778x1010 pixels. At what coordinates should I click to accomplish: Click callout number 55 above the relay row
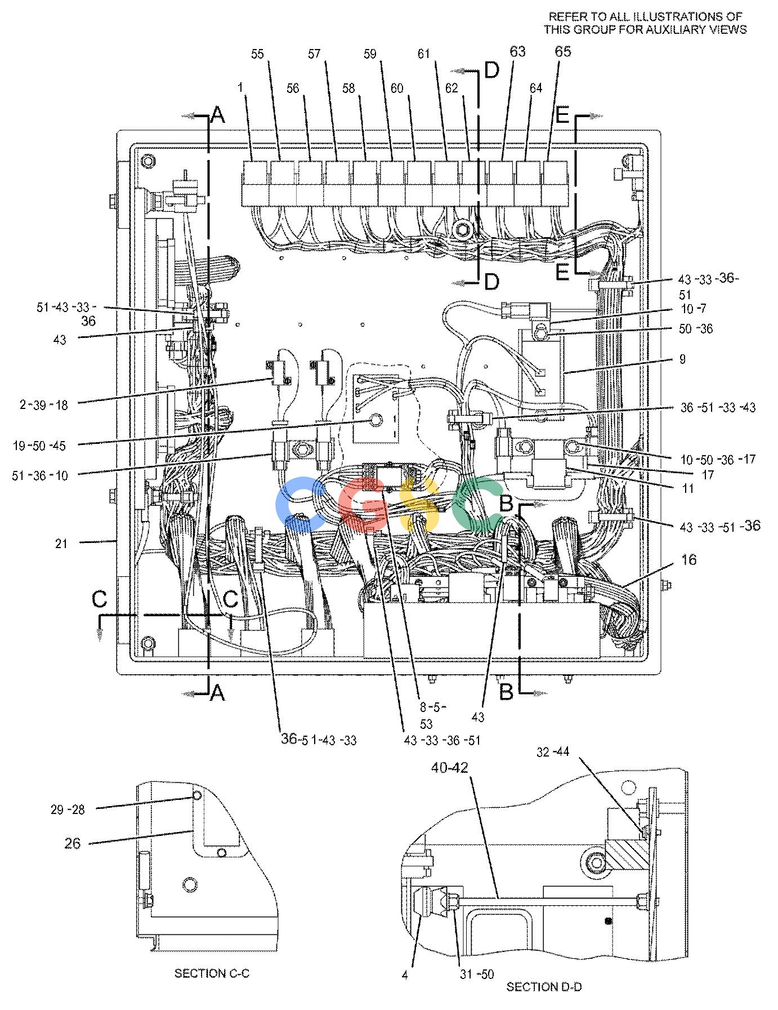(257, 54)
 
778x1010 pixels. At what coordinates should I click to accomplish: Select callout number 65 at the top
(563, 51)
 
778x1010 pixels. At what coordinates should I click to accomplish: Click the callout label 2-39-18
(44, 404)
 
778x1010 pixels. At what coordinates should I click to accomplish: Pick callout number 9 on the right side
(683, 359)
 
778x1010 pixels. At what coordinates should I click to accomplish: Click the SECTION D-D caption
(544, 986)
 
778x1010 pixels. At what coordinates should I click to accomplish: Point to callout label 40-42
(450, 768)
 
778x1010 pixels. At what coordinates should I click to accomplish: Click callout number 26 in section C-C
(73, 843)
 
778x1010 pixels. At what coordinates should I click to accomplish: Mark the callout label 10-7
(693, 309)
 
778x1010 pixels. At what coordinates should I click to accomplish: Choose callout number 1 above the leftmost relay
(240, 88)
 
